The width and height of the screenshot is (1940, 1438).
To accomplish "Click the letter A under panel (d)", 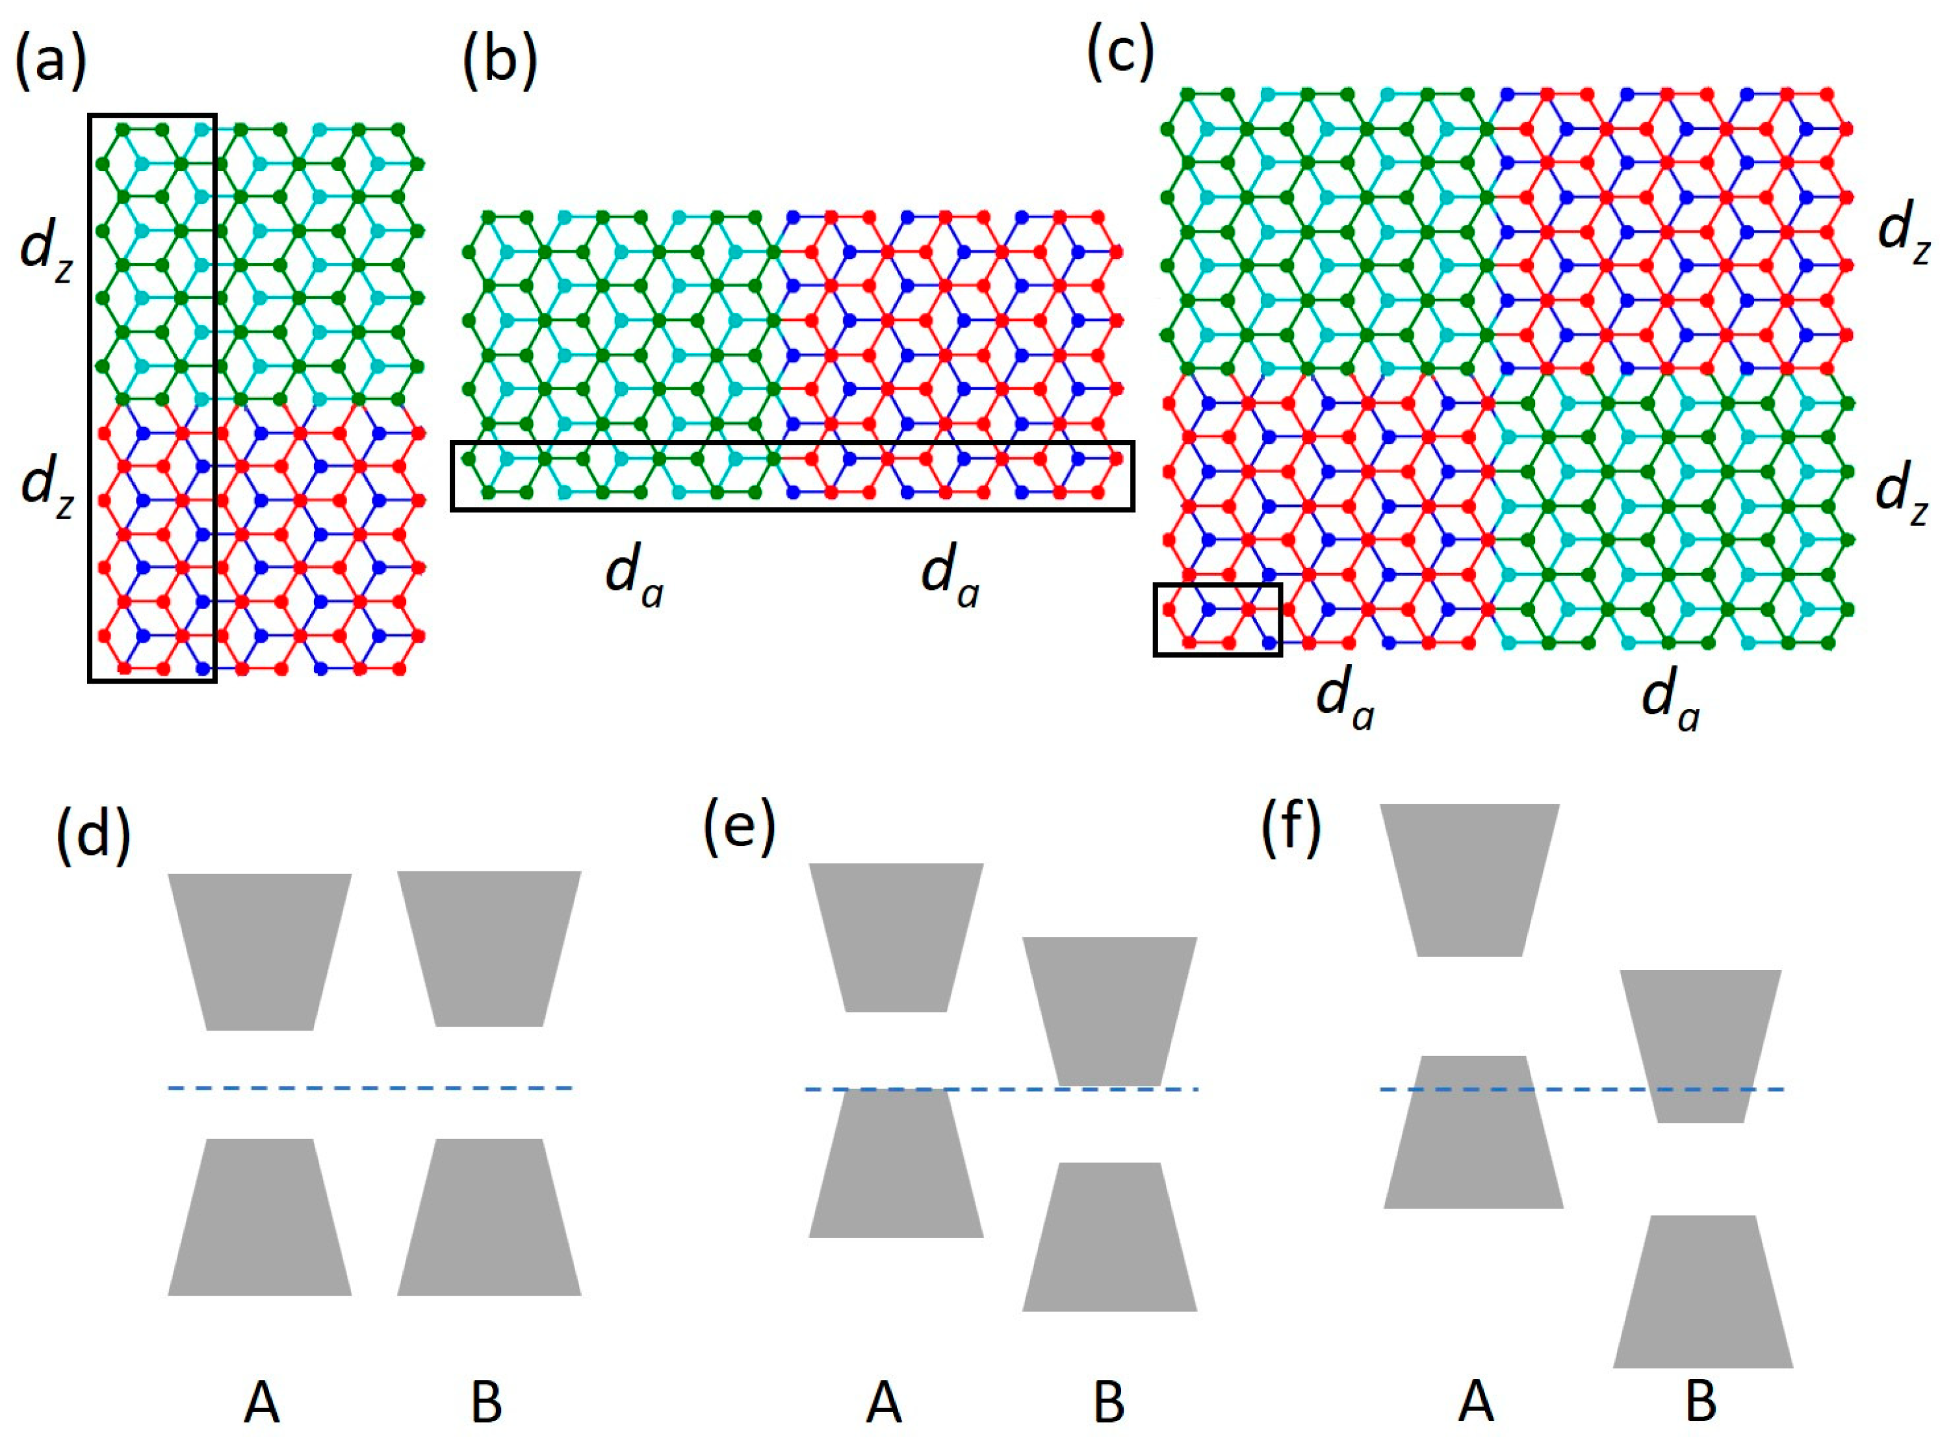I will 261,1402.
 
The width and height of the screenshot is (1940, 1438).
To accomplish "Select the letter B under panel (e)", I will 1109,1402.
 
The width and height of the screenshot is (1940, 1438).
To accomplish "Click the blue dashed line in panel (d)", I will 370,1088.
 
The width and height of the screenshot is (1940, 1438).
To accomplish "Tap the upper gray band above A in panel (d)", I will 259,951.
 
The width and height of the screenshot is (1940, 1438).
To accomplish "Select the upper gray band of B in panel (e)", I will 1109,1010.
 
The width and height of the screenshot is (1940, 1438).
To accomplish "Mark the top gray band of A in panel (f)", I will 1471,879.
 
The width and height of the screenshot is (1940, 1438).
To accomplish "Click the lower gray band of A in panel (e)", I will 896,1162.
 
